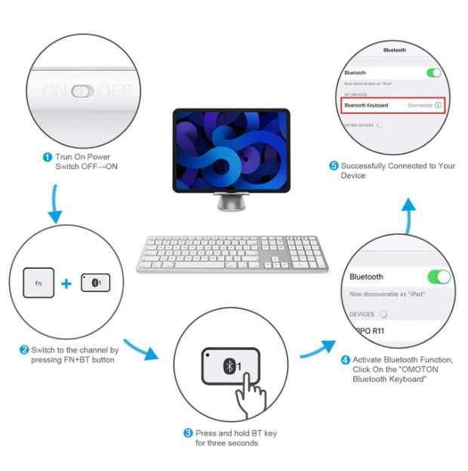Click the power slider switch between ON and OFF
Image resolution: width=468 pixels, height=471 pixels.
[x=83, y=91]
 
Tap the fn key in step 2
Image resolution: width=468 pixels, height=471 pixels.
[x=39, y=284]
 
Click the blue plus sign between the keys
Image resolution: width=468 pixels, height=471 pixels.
[x=66, y=284]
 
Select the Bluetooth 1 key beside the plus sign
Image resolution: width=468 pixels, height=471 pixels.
[x=95, y=283]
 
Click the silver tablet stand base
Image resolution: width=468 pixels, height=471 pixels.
[x=230, y=204]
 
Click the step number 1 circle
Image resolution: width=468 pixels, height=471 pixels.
[x=48, y=157]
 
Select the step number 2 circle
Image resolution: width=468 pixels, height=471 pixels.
[x=24, y=349]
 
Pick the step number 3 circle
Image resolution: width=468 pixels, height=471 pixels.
[x=188, y=433]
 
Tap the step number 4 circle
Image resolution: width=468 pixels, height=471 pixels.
[x=346, y=360]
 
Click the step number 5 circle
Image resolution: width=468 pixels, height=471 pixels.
[x=334, y=165]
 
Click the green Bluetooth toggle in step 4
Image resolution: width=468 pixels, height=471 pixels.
[x=439, y=276]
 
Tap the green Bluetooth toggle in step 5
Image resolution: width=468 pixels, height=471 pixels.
[x=433, y=72]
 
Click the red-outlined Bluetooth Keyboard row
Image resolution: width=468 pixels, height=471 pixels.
[x=393, y=106]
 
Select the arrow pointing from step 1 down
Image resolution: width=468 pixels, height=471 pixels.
[x=54, y=204]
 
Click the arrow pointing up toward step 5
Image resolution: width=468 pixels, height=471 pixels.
[x=408, y=214]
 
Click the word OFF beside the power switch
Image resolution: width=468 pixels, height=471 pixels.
[x=115, y=91]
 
